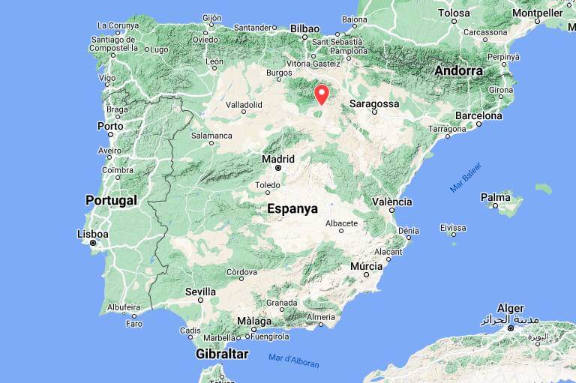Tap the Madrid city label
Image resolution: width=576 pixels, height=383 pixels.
[277, 159]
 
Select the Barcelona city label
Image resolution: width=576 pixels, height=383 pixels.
[478, 116]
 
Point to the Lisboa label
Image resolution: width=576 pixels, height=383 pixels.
[93, 234]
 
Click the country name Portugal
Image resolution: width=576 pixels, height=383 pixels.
[111, 200]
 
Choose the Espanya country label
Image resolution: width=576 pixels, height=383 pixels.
[292, 209]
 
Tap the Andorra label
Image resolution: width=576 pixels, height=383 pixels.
[457, 71]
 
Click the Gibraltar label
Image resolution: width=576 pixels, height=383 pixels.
[221, 353]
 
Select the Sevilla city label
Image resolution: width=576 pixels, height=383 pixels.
[200, 292]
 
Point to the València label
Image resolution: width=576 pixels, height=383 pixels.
[391, 202]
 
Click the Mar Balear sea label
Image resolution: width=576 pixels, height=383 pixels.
[466, 178]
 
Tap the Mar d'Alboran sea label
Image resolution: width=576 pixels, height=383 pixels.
[293, 361]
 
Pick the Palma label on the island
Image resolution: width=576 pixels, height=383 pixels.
[495, 198]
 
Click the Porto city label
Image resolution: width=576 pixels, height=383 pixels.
[110, 126]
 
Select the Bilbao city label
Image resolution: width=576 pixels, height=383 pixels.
[304, 28]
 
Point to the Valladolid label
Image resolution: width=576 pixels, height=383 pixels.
[244, 105]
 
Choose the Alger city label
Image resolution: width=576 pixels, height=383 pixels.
[510, 309]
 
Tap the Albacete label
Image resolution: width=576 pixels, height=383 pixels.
[342, 223]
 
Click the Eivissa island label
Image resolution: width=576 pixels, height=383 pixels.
[452, 226]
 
